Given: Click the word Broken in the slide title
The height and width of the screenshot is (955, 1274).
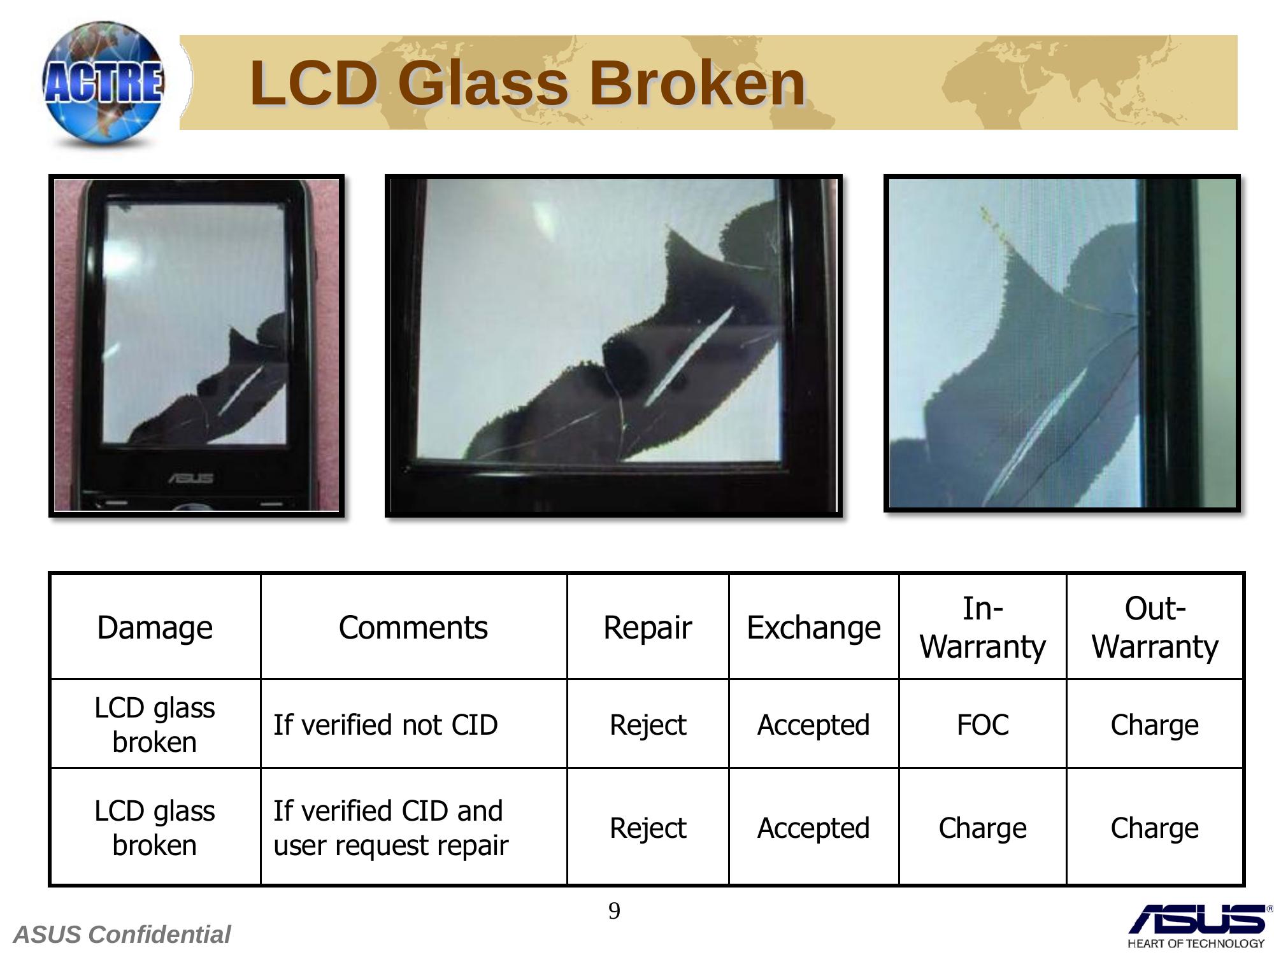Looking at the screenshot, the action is coord(698,83).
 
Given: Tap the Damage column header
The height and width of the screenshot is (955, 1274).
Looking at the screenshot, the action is coord(155,628).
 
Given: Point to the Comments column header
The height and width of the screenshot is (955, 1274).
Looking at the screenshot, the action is coord(413,628).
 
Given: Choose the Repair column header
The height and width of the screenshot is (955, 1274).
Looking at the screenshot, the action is coord(647,628).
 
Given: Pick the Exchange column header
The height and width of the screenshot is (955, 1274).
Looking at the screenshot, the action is coord(813,628).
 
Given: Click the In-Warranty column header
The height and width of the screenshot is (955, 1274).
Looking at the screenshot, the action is coord(982,628).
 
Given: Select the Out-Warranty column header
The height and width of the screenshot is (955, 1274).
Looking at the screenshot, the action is coord(1155,628).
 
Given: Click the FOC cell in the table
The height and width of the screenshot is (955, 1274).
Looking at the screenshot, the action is coord(982,725).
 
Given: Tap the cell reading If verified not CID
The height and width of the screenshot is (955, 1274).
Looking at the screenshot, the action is coord(385,725).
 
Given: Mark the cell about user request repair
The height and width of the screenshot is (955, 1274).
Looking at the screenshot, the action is coord(391,828).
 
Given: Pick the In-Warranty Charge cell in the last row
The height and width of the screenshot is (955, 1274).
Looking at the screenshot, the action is coord(982,828).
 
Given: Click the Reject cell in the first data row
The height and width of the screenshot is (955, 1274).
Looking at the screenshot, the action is coord(648,725).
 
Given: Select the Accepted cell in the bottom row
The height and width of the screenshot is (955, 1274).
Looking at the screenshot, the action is coord(813,828).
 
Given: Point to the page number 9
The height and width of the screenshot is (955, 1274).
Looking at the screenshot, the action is coord(614,911).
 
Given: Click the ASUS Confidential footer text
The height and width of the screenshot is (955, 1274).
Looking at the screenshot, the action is coord(122,935).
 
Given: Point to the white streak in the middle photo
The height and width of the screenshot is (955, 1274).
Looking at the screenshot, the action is coord(689,356).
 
